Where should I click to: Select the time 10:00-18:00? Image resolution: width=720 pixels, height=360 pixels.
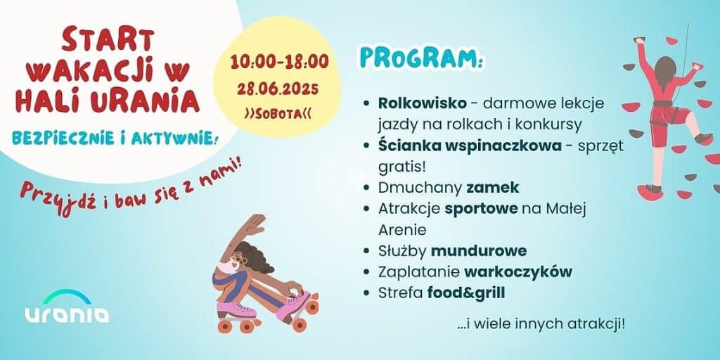[x=280, y=62]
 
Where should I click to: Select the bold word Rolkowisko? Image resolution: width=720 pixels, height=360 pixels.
[x=422, y=103]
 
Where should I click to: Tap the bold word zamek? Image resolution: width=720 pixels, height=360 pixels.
[x=492, y=188]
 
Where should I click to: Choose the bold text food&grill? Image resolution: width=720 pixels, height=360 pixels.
[x=466, y=292]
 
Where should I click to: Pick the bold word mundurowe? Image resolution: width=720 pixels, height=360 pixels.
[x=478, y=250]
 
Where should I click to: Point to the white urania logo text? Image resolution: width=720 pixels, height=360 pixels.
[x=67, y=314]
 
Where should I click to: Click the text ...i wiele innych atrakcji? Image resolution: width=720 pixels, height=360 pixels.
[x=541, y=325]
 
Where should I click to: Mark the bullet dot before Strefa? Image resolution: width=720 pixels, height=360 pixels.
[x=366, y=292]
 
